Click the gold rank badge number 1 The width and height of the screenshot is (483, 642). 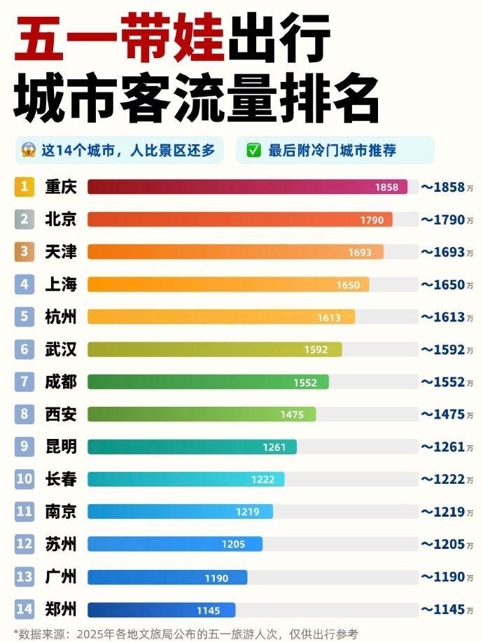click(x=24, y=187)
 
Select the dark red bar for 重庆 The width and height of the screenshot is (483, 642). click(x=247, y=187)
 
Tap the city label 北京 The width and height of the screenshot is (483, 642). click(x=60, y=220)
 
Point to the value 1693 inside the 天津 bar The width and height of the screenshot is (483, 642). click(x=360, y=252)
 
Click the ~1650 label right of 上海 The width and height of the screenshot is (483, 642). click(x=446, y=285)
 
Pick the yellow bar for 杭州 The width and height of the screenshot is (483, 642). click(x=220, y=317)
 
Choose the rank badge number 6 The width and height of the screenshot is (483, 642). click(x=24, y=349)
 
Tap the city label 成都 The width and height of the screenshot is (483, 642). click(x=60, y=382)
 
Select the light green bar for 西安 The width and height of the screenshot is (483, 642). click(x=202, y=414)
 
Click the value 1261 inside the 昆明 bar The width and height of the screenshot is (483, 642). click(x=274, y=447)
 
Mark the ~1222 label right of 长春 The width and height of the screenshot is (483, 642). click(x=446, y=480)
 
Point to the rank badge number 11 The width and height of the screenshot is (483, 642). click(x=24, y=512)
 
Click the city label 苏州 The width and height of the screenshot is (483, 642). click(x=60, y=544)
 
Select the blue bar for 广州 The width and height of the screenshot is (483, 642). click(x=167, y=577)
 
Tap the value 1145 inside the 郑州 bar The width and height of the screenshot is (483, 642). click(x=208, y=609)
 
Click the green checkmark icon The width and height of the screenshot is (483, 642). click(x=253, y=151)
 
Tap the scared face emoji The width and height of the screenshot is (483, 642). click(x=28, y=151)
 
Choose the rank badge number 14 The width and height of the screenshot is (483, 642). click(x=24, y=609)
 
